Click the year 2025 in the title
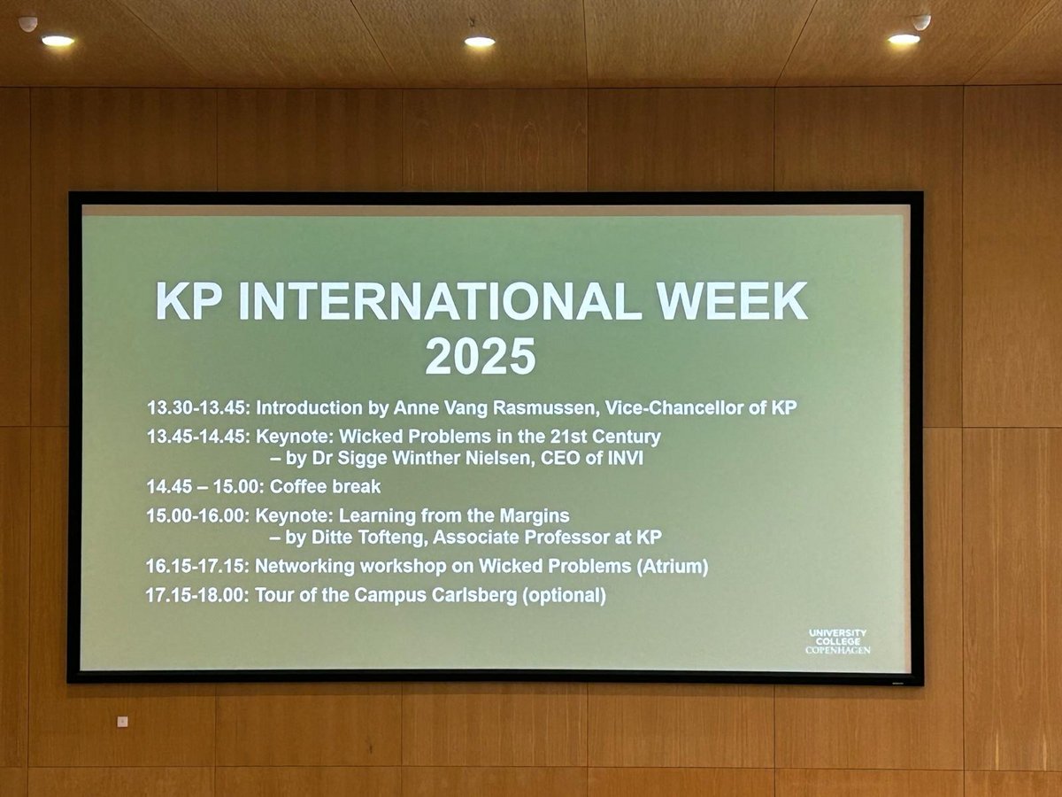click(481, 356)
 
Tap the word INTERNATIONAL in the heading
click(436, 301)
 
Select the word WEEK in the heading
click(732, 301)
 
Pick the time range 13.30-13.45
click(198, 408)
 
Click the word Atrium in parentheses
click(673, 566)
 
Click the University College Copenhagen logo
click(837, 642)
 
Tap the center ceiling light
click(480, 42)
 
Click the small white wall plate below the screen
click(122, 722)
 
